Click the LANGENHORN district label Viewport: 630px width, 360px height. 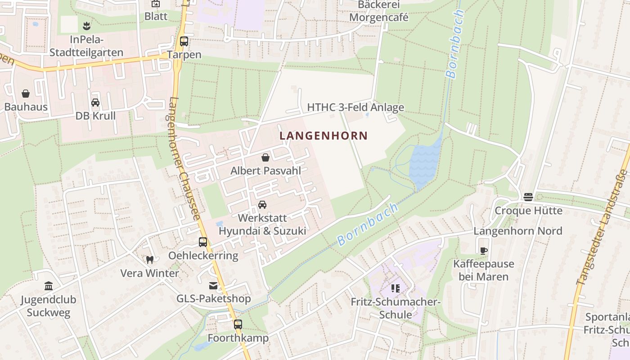[x=324, y=135]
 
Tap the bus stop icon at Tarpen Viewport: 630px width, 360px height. [x=184, y=41]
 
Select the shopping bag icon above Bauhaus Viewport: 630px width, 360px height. [x=26, y=94]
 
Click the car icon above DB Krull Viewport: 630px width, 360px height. [x=95, y=103]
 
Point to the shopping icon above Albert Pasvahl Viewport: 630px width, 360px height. [x=265, y=157]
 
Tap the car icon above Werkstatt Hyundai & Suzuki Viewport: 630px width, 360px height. [x=262, y=205]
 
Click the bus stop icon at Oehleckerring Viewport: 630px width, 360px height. [x=203, y=242]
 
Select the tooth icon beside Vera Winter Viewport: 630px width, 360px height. [x=150, y=260]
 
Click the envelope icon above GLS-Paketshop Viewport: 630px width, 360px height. [x=213, y=285]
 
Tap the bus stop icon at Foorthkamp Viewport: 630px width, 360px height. [x=238, y=324]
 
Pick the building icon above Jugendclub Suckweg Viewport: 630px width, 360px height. [x=48, y=286]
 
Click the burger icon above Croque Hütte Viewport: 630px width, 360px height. [x=528, y=197]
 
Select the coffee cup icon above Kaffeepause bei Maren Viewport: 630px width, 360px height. [x=483, y=251]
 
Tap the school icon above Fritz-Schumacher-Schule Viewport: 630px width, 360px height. [x=395, y=288]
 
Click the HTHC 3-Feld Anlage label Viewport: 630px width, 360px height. [x=355, y=108]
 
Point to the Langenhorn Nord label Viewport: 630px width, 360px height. [x=517, y=231]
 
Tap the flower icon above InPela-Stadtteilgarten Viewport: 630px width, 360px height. [x=86, y=26]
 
